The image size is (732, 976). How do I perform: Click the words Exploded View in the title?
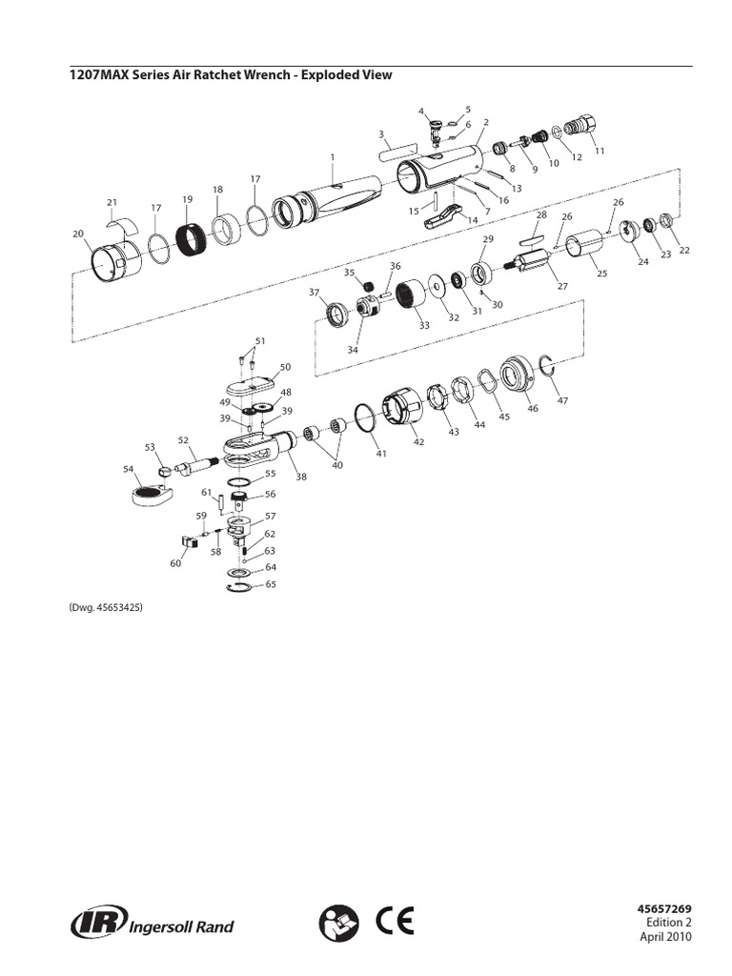[x=347, y=75]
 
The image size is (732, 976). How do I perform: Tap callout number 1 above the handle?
[x=333, y=157]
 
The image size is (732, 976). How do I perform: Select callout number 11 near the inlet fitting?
[x=599, y=151]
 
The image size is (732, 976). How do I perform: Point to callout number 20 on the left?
[x=78, y=233]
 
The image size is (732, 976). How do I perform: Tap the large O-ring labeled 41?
[x=364, y=416]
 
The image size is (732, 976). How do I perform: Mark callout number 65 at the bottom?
[x=271, y=583]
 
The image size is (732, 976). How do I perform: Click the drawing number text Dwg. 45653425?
[x=105, y=607]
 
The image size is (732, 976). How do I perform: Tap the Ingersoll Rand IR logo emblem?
[x=93, y=924]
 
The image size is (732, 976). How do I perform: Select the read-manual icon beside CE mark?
[x=340, y=923]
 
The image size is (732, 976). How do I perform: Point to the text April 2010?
[x=664, y=937]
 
